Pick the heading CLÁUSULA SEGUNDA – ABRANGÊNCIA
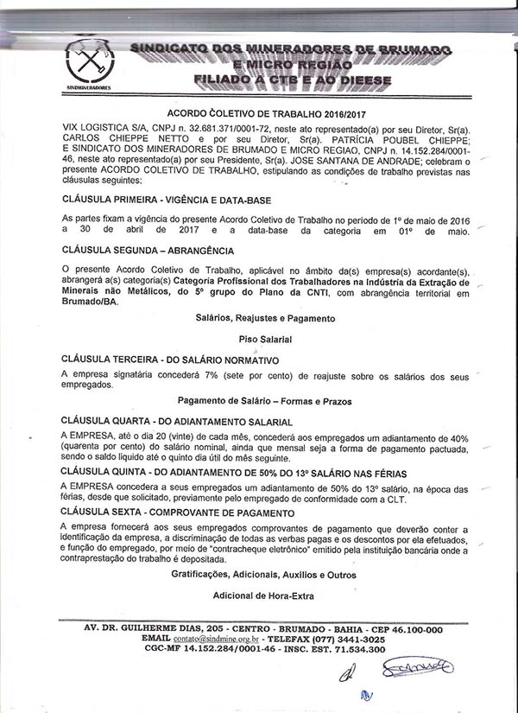point(148,251)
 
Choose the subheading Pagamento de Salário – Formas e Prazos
point(264,401)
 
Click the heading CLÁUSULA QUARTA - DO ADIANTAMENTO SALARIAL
point(176,421)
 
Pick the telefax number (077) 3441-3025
point(340,639)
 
